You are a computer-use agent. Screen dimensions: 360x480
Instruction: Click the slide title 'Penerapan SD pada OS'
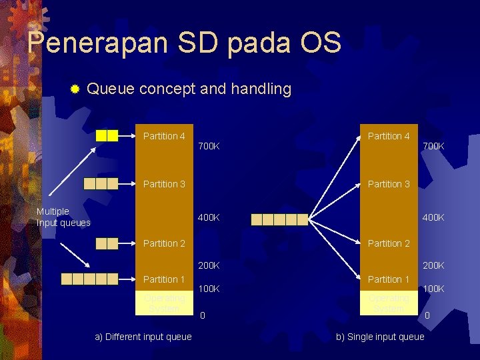point(184,43)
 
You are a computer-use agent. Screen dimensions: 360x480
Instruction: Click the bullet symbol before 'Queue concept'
point(75,89)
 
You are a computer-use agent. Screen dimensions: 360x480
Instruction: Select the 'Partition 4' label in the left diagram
point(164,136)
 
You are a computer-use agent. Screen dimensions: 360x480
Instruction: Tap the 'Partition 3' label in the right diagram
point(389,184)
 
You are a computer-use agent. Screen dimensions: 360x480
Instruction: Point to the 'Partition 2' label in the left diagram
point(164,243)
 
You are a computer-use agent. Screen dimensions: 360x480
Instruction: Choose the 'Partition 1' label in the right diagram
point(389,279)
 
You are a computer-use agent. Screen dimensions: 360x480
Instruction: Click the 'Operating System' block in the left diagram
point(164,303)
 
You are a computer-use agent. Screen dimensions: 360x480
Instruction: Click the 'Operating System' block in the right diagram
point(389,303)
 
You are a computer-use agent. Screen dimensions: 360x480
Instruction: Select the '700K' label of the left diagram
point(209,146)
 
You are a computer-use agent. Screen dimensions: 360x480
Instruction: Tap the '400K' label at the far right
point(433,217)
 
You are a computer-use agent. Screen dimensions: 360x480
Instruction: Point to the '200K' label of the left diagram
point(209,265)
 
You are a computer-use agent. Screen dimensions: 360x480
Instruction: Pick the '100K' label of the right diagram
point(433,289)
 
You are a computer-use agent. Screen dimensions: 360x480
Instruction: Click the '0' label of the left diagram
point(203,315)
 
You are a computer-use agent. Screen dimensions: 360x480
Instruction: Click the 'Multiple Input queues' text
point(63,217)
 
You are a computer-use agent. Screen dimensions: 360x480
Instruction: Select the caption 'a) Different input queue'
point(143,337)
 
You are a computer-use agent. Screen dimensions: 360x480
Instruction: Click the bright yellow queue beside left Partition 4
point(107,135)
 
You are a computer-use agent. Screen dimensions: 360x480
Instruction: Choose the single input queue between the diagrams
point(279,219)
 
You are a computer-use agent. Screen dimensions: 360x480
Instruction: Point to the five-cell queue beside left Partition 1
point(89,279)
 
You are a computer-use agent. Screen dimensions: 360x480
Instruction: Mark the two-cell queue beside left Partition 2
point(107,243)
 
